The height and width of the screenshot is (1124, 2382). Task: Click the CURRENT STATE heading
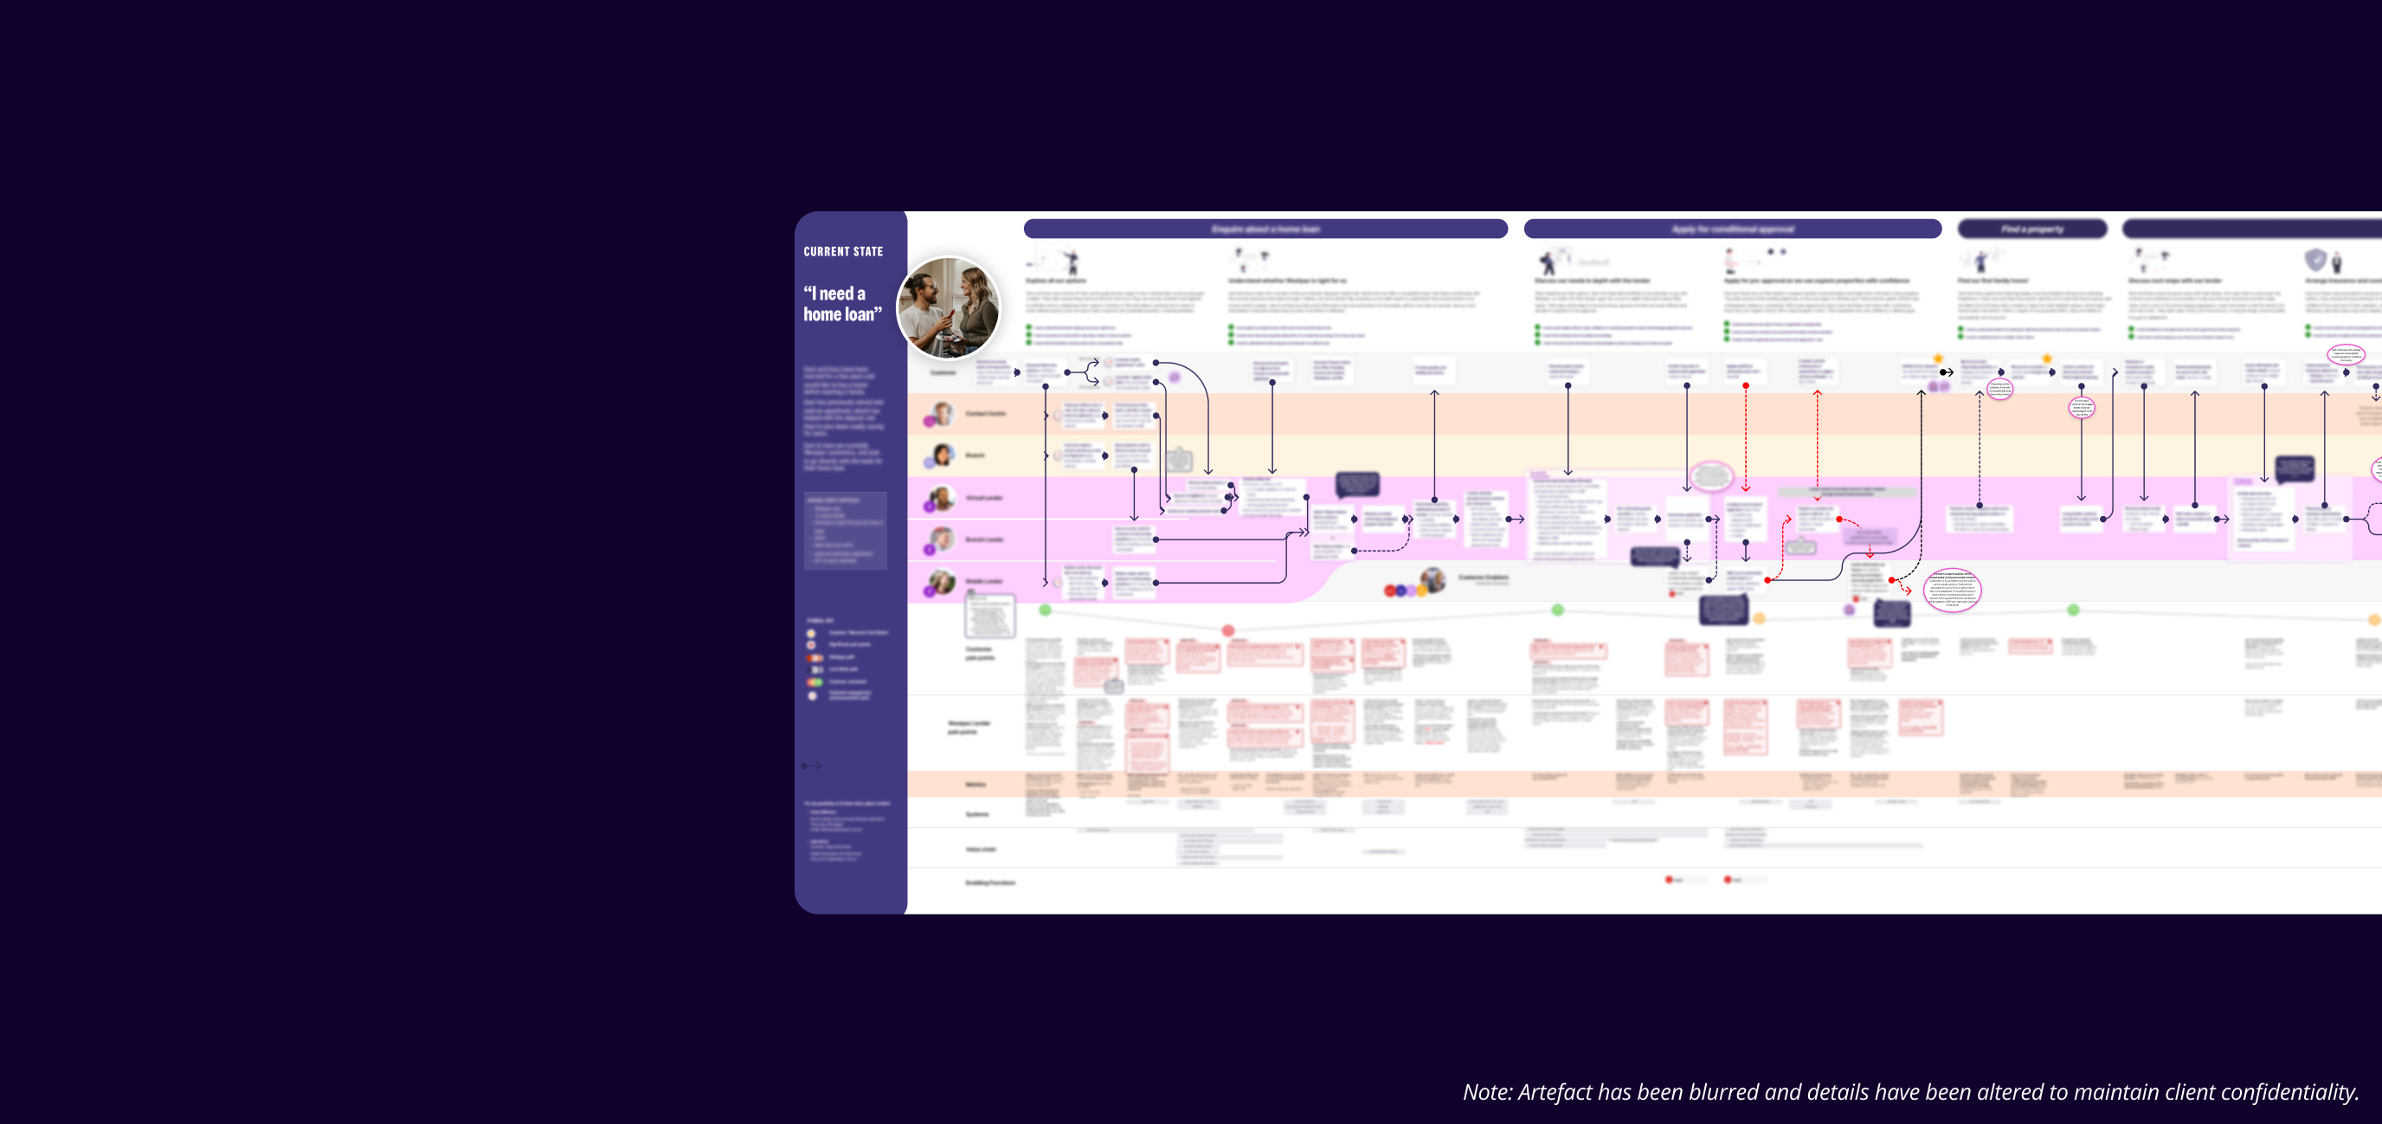(842, 252)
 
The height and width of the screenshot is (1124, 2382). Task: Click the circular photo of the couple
(948, 308)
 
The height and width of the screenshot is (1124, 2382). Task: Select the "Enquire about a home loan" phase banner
(1264, 229)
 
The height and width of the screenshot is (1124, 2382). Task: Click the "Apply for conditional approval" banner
(1731, 229)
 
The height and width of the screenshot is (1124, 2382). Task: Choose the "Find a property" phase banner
(2031, 229)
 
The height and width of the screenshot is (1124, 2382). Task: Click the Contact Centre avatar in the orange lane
(942, 414)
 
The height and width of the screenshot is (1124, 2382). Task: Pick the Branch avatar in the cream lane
(942, 455)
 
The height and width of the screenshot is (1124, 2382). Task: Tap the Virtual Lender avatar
(942, 498)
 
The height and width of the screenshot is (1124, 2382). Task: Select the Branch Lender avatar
(942, 539)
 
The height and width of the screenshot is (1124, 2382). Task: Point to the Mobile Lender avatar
(942, 581)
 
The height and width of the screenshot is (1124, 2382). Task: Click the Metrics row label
(975, 785)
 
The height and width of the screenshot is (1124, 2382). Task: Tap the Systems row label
(976, 814)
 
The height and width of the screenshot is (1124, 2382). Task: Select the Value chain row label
(980, 849)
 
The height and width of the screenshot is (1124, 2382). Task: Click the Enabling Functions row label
(989, 882)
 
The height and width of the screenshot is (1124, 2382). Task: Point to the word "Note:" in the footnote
(1487, 1093)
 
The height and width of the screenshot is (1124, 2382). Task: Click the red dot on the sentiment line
(1228, 630)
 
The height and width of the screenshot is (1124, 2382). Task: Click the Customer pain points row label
(978, 653)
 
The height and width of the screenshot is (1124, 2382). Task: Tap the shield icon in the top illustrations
(2314, 260)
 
